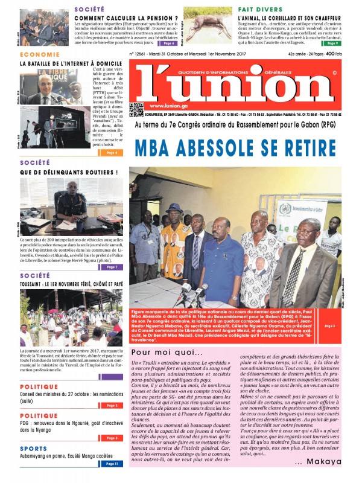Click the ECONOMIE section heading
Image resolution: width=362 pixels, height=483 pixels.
click(40, 54)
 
